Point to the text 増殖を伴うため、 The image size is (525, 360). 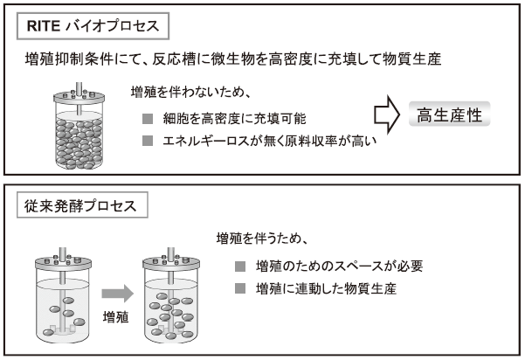[262, 238]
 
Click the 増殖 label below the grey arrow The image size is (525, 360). [115, 316]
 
